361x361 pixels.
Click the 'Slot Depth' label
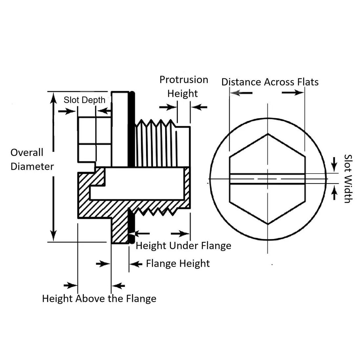point(84,100)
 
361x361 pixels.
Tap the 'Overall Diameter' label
point(32,159)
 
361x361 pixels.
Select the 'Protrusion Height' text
point(183,86)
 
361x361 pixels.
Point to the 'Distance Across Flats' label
point(270,82)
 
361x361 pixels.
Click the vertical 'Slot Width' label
point(348,179)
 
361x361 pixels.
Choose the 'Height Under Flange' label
point(183,245)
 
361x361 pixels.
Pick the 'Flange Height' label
point(178,263)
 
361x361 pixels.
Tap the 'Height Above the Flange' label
point(99,298)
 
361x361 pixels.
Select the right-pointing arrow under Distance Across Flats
point(293,93)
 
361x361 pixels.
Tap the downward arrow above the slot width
point(334,163)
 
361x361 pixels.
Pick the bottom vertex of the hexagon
point(268,224)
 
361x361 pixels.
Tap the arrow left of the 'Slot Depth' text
point(67,111)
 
